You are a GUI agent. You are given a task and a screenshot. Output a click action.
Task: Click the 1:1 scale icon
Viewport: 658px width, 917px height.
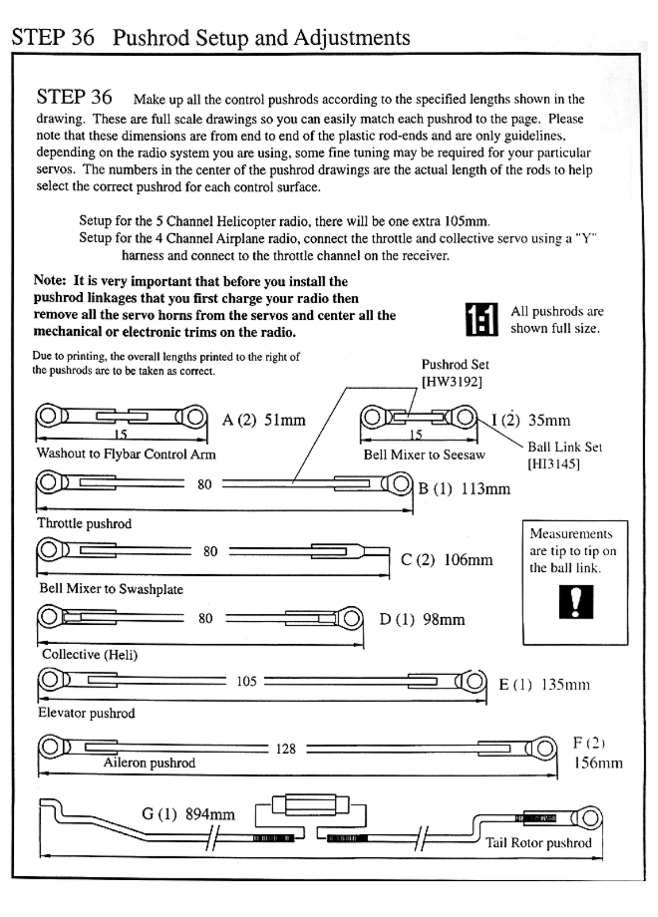pyautogui.click(x=480, y=319)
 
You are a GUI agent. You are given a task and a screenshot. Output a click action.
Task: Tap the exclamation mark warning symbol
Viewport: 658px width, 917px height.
pyautogui.click(x=575, y=601)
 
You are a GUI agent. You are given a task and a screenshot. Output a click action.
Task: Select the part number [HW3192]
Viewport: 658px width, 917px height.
pyautogui.click(x=452, y=382)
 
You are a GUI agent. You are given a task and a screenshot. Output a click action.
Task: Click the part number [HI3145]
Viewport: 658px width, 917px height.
pyautogui.click(x=554, y=464)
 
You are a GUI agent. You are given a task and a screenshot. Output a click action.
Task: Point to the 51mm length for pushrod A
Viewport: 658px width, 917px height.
pyautogui.click(x=285, y=420)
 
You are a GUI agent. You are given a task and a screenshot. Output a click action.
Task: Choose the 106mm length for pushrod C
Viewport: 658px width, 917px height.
pyautogui.click(x=468, y=559)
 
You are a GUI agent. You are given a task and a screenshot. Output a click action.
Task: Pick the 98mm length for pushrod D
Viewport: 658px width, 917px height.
pyautogui.click(x=444, y=620)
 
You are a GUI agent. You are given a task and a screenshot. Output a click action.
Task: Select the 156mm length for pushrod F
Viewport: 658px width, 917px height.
pyautogui.click(x=598, y=763)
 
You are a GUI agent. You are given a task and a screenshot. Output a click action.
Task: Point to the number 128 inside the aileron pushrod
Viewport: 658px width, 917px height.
pyautogui.click(x=285, y=749)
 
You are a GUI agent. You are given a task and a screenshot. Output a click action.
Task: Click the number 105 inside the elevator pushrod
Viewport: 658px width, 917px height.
pyautogui.click(x=246, y=681)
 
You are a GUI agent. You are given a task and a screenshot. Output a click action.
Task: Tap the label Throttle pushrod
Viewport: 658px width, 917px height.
pyautogui.click(x=84, y=523)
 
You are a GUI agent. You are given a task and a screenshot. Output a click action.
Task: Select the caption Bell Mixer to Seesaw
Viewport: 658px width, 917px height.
pyautogui.click(x=424, y=455)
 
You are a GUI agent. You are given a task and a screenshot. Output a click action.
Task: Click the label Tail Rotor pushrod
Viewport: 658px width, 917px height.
pyautogui.click(x=538, y=842)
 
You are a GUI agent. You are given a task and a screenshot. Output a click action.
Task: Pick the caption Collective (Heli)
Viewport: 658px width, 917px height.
pyautogui.click(x=89, y=655)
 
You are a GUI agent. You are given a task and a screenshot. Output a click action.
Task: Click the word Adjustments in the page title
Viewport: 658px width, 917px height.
pyautogui.click(x=351, y=38)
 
